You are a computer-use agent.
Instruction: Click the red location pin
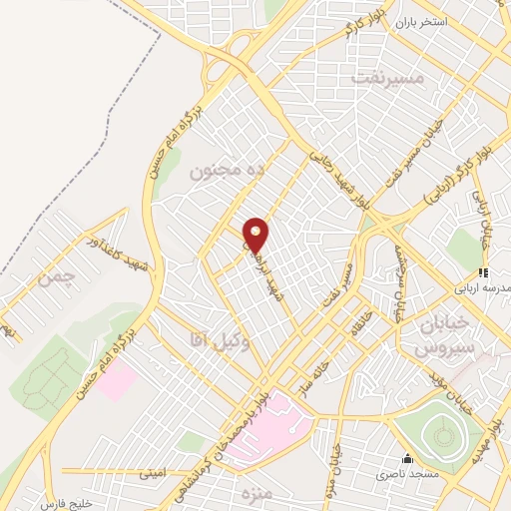[256, 235]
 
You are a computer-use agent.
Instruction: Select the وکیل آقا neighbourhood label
[210, 340]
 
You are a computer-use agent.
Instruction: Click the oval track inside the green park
[439, 435]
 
